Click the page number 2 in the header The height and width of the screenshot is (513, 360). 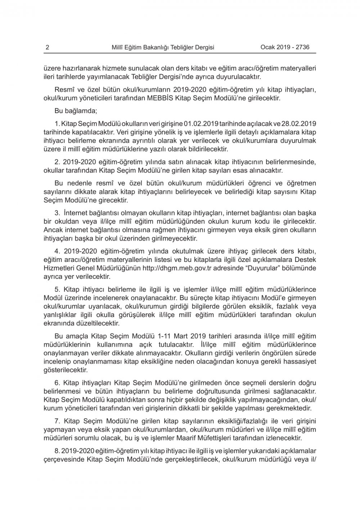click(x=48, y=47)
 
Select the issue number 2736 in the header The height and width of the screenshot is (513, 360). click(x=302, y=47)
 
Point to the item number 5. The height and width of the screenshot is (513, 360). click(x=57, y=290)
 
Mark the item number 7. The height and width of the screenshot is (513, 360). click(x=57, y=421)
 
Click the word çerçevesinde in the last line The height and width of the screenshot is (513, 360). click(x=63, y=459)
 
